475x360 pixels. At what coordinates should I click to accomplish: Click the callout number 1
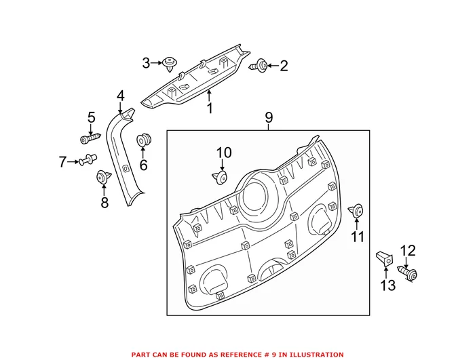210,108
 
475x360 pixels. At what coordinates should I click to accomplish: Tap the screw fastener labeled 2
258,66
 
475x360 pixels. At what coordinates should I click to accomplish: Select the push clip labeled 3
170,64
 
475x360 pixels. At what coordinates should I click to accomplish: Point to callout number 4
121,96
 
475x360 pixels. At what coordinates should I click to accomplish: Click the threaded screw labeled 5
90,139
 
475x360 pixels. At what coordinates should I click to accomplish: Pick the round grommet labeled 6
143,140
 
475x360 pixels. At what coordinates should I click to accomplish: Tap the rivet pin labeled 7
88,159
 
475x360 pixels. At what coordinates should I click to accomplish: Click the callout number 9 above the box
269,117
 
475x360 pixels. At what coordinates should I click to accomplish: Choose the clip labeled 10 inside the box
220,177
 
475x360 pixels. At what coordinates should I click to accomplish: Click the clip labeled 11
356,210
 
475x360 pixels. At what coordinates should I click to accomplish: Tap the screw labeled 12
407,273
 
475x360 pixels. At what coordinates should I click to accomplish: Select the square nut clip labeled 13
385,260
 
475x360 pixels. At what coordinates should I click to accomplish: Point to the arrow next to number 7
73,162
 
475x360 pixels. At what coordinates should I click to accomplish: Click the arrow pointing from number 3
156,63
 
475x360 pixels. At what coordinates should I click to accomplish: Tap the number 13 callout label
388,285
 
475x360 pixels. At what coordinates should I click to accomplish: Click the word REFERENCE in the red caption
237,355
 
